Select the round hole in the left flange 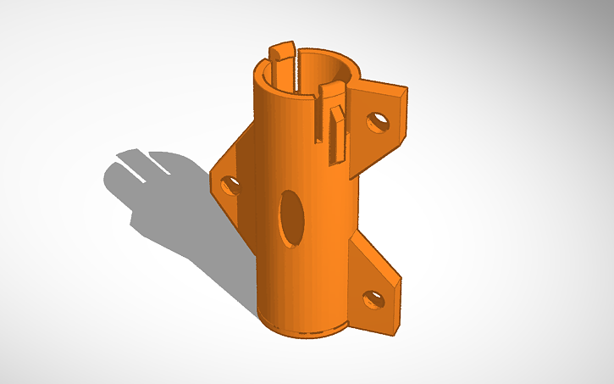[229, 184]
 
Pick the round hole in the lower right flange [372, 298]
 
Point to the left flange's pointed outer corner [212, 179]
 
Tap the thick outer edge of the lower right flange [395, 305]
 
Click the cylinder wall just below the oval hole [292, 271]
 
